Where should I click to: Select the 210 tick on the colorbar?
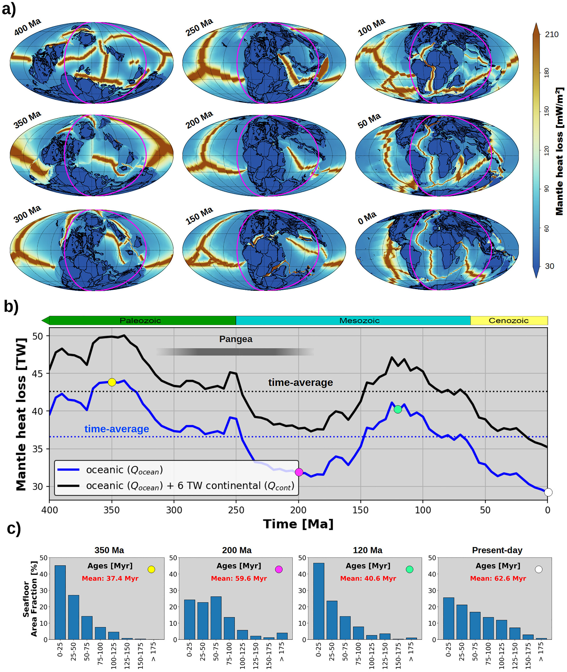[552, 34]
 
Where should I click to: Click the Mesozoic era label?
[359, 321]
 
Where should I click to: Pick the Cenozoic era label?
[508, 321]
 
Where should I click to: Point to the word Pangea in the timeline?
[236, 339]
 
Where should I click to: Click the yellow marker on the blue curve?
[112, 382]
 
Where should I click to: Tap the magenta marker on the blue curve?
[299, 472]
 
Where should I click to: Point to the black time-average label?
[301, 383]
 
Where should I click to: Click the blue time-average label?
[117, 429]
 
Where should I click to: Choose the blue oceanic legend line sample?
[68, 470]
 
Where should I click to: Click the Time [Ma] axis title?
[298, 524]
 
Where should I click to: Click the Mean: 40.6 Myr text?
[368, 578]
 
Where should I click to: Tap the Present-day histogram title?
[497, 550]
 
